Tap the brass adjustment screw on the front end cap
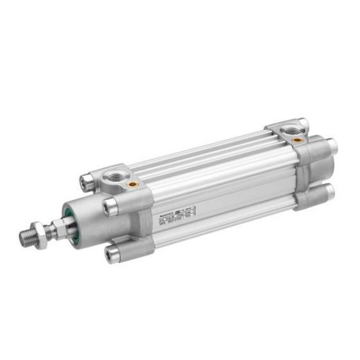[x=132, y=184]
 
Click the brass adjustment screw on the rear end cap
[x=296, y=138]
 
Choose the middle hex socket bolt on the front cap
[x=110, y=206]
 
